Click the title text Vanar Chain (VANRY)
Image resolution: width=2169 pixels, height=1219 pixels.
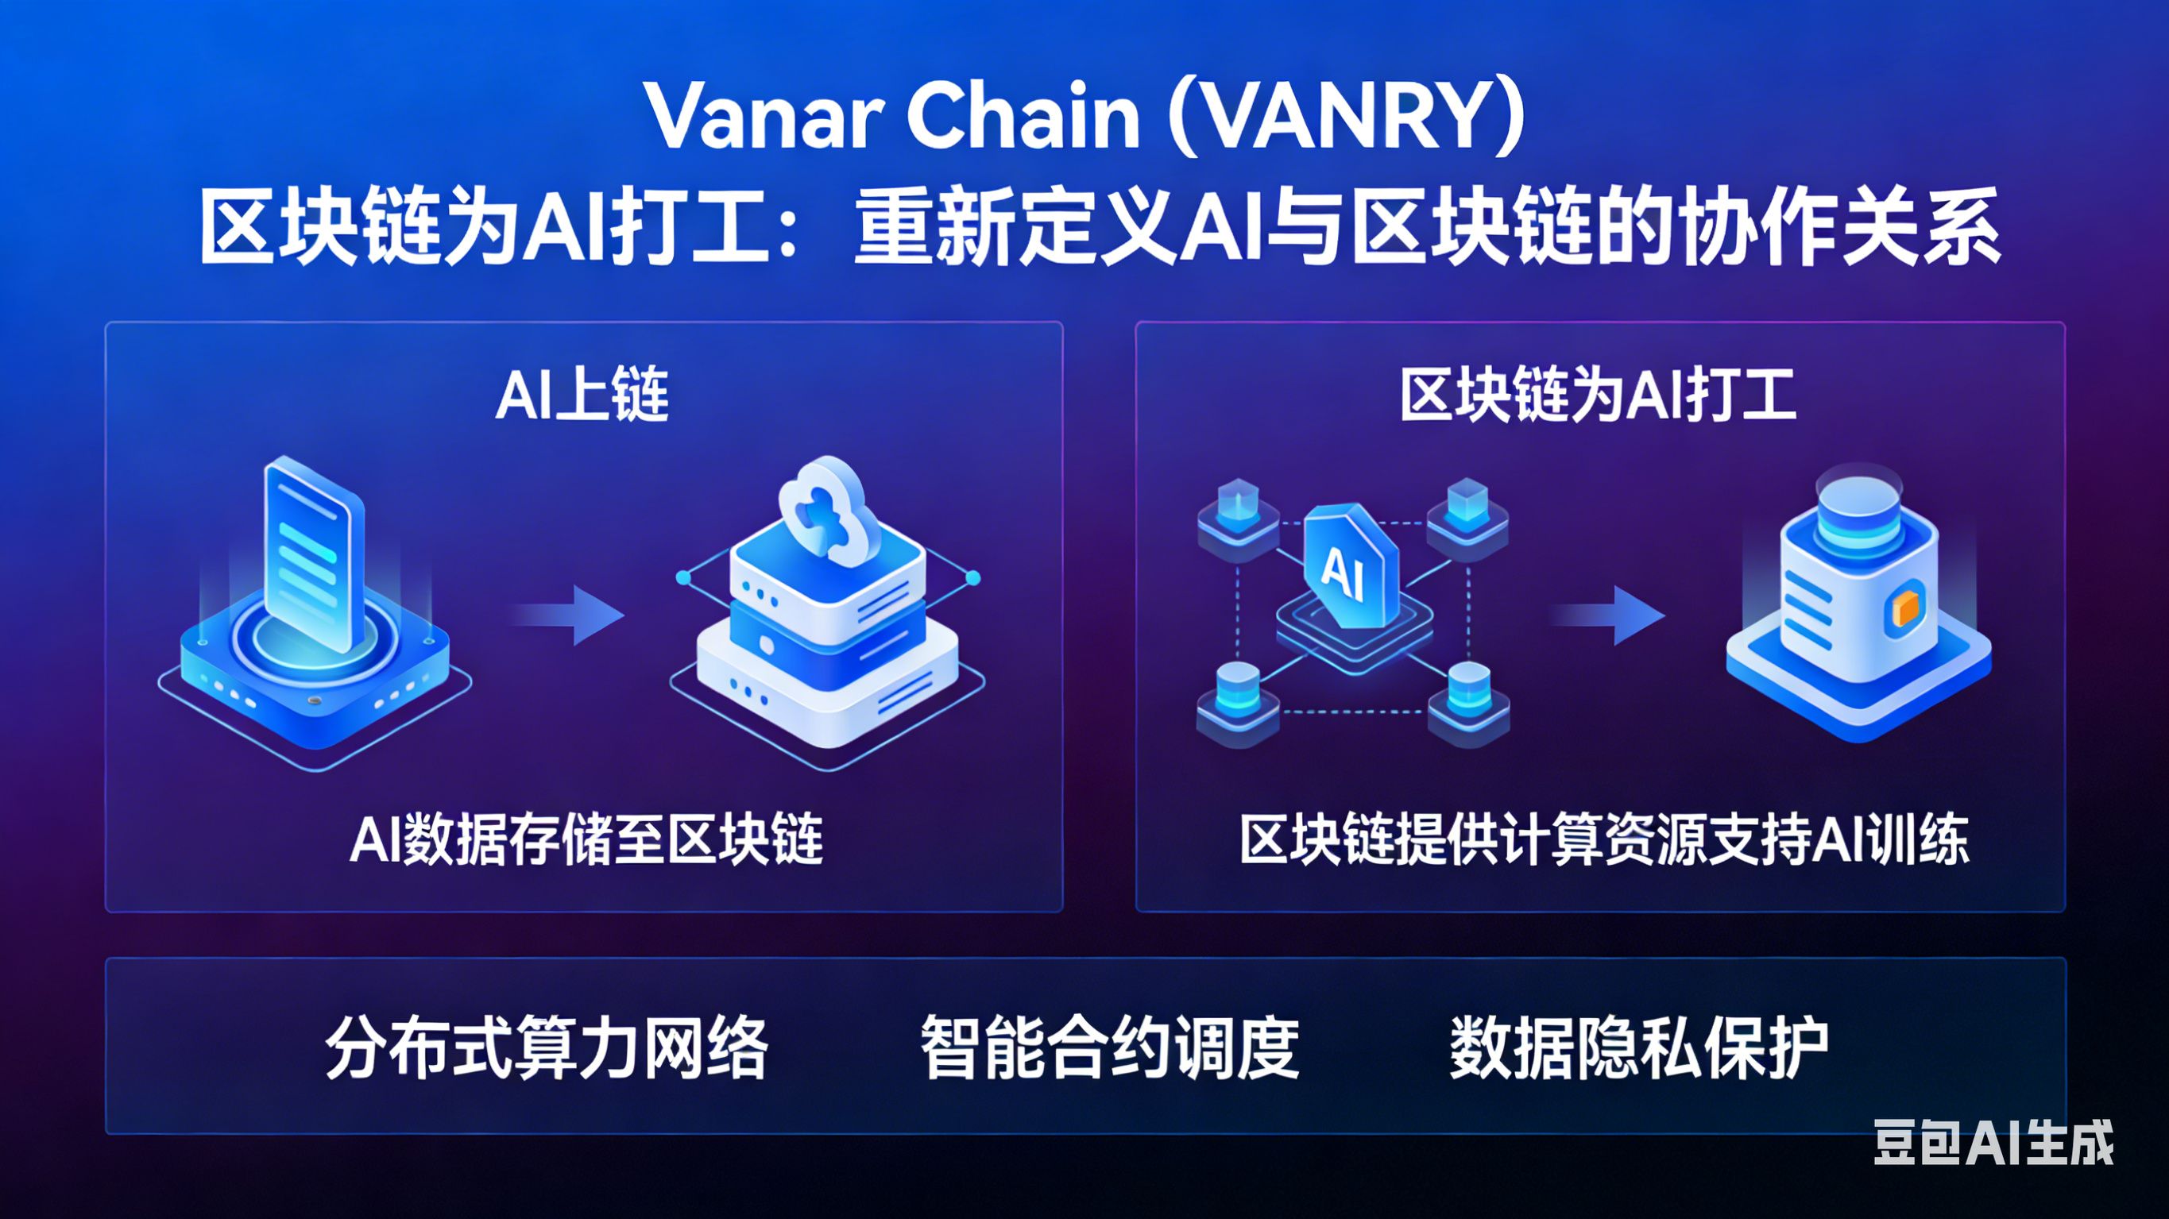coord(1085,118)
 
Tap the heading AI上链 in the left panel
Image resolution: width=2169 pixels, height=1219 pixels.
coord(582,395)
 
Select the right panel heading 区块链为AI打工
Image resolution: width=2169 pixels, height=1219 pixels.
coord(1598,395)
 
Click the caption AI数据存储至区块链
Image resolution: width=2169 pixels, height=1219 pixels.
coord(586,839)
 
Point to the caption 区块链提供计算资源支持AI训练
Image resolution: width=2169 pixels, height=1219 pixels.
coord(1603,839)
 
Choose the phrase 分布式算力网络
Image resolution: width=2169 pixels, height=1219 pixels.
coord(547,1048)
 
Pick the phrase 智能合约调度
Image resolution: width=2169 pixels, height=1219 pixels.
coord(1110,1048)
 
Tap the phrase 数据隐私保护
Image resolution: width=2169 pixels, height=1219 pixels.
coord(1638,1048)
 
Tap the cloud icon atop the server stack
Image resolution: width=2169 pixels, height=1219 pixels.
coord(821,506)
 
